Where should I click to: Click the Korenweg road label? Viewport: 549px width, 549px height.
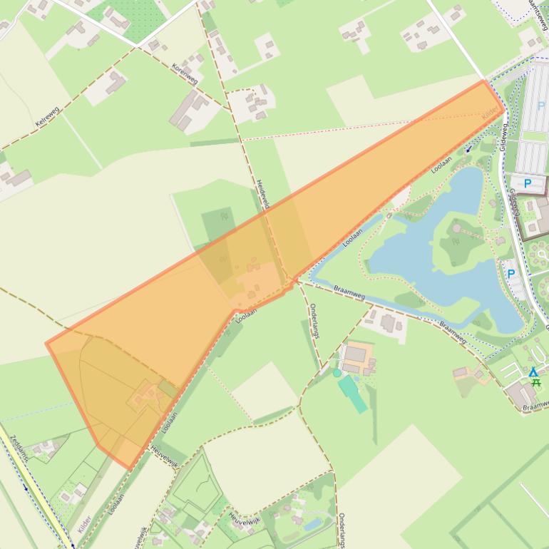pos(185,73)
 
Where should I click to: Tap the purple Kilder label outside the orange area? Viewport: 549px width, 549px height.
pos(84,523)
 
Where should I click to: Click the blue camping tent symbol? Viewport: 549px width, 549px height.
pos(533,371)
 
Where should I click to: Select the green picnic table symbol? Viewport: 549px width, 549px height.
pos(536,382)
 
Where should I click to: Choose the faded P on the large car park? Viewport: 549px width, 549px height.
pos(540,106)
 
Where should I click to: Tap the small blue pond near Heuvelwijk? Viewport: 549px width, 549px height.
pos(312,525)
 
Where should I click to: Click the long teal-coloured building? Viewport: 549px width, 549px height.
pos(352,394)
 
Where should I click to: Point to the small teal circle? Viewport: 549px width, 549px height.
pos(337,372)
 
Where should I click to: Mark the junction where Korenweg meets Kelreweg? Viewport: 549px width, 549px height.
pos(136,46)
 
